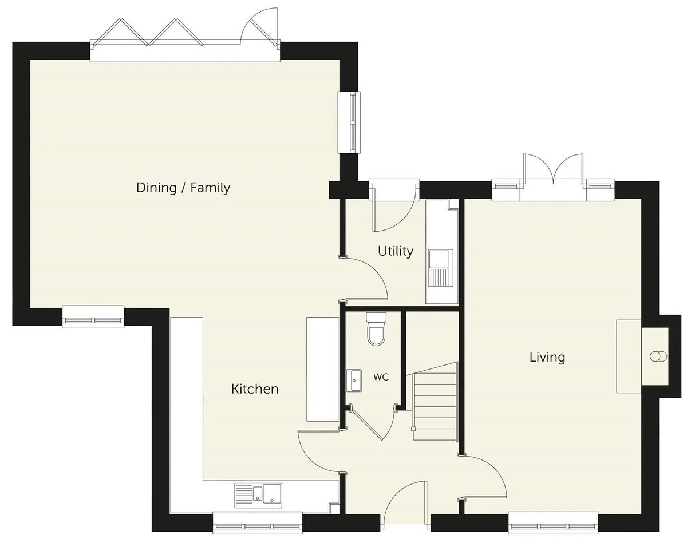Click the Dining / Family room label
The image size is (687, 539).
click(x=183, y=188)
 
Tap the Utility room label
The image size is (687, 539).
click(x=396, y=251)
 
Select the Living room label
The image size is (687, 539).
click(x=547, y=358)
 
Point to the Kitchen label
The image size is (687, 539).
click(x=255, y=389)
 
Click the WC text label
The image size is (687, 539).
click(x=381, y=377)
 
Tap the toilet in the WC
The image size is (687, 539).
click(x=376, y=329)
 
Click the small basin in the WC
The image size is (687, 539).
click(x=354, y=381)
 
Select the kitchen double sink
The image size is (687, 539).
click(x=258, y=496)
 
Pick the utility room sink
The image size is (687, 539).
click(x=441, y=268)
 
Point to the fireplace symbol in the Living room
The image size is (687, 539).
click(x=658, y=356)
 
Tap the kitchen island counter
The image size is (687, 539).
click(x=323, y=369)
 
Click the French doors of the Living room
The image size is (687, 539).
click(x=553, y=177)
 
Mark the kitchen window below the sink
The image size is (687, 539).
click(x=258, y=524)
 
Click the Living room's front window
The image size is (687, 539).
click(x=553, y=524)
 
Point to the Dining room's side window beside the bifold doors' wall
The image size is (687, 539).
click(x=349, y=122)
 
